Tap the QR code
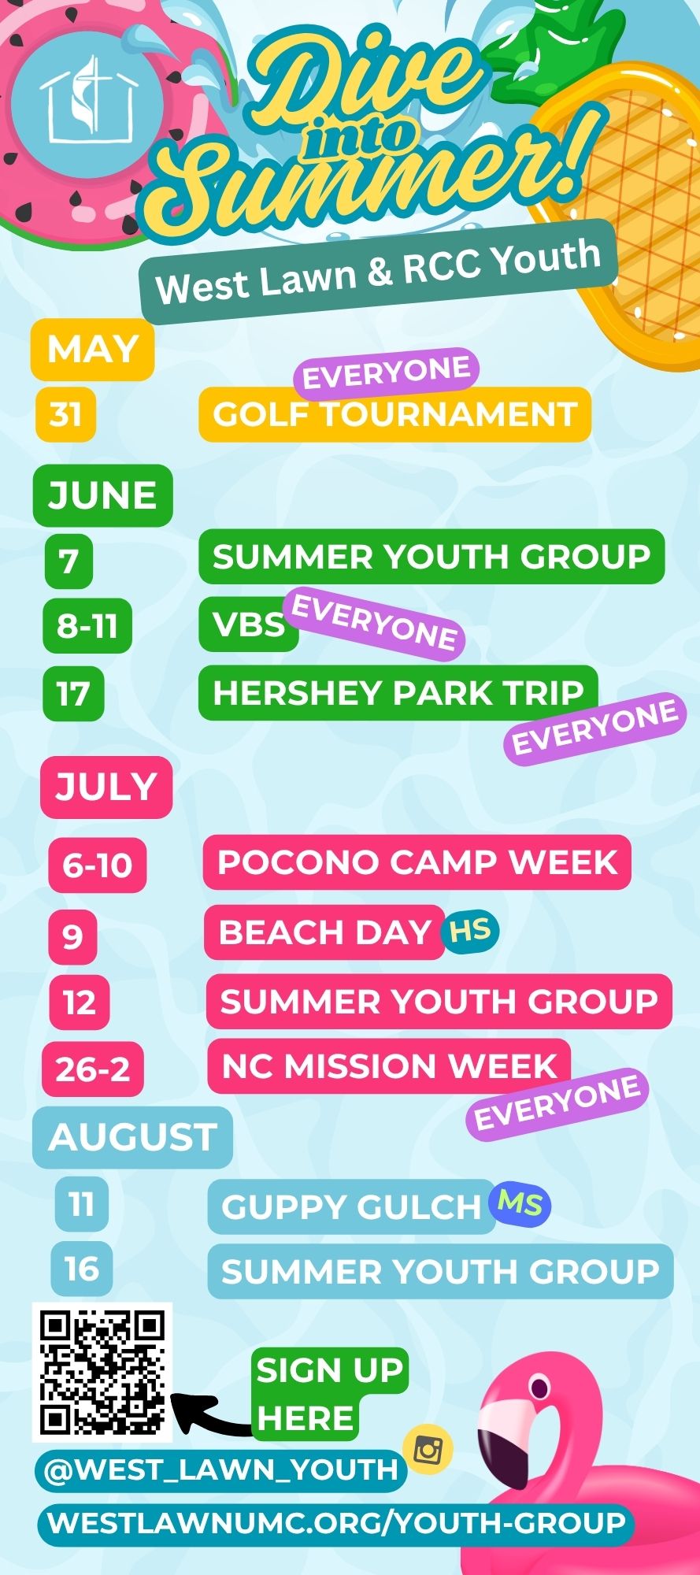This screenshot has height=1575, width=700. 102,1372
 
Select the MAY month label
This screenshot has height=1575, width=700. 92,349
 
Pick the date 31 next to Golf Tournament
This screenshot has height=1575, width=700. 65,413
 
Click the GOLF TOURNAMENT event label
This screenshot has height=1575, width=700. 394,414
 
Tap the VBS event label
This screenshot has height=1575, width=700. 249,624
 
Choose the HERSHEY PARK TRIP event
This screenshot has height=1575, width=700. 398,693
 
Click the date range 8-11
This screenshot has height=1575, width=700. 87,626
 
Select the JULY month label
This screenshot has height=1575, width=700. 106,787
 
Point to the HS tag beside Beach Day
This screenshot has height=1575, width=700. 470,930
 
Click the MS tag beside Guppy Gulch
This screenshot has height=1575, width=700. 520,1204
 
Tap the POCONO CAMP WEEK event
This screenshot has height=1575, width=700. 417,862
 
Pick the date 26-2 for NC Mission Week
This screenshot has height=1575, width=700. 93,1069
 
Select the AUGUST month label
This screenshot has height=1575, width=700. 132,1137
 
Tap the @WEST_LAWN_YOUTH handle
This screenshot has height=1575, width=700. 221,1470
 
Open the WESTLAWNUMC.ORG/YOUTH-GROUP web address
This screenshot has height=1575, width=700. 336,1522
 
